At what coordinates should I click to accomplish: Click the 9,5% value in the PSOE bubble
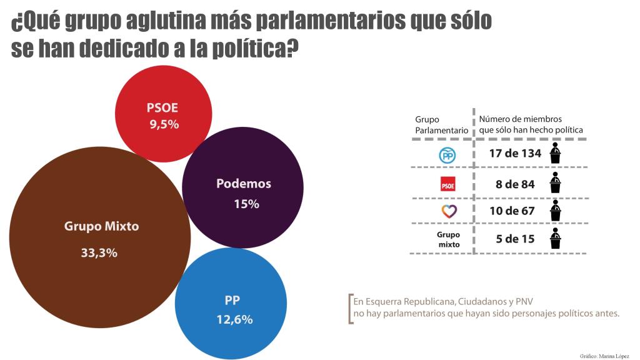[164, 124]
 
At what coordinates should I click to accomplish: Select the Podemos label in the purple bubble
[243, 184]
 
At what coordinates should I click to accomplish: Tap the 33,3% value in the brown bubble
[99, 253]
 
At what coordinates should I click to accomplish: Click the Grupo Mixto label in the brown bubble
[101, 226]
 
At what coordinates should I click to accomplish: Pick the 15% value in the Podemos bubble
[246, 204]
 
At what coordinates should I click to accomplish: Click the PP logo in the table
[447, 154]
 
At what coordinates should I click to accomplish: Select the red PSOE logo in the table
[447, 184]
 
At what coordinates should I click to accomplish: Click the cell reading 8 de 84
[514, 183]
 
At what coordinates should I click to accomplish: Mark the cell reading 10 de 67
[512, 211]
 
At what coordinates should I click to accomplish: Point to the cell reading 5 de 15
[512, 239]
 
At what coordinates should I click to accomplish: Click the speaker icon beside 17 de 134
[554, 153]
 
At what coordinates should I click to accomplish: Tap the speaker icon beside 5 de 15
[554, 239]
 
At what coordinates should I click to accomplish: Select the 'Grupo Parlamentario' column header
[441, 124]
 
